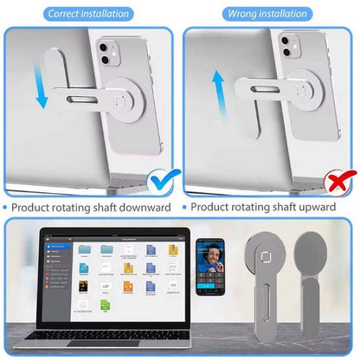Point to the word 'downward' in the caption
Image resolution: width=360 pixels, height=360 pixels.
click(146, 208)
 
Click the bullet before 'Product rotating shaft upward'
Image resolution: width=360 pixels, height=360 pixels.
click(185, 208)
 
